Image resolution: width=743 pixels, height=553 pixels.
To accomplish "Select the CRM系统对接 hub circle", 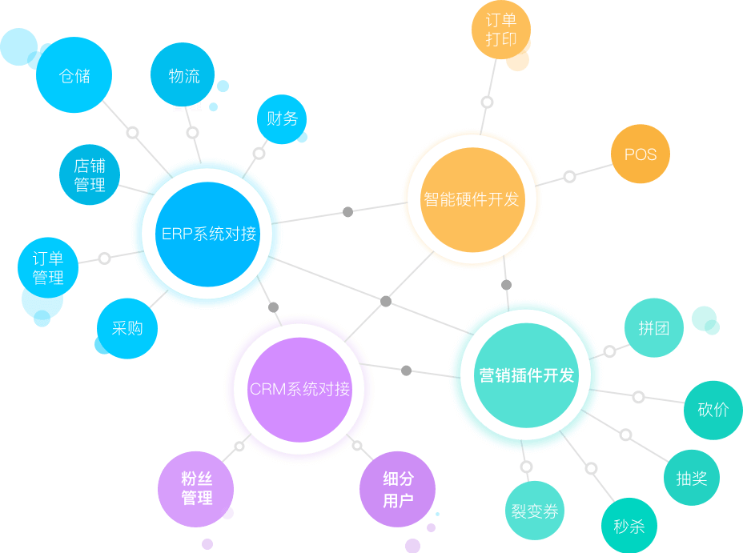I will (299, 389).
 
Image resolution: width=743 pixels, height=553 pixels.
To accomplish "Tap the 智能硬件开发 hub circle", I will (471, 199).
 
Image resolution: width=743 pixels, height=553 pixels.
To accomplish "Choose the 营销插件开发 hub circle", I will (526, 375).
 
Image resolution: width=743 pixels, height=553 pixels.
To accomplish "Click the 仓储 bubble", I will (74, 76).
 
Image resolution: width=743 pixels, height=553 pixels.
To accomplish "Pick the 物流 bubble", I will (183, 76).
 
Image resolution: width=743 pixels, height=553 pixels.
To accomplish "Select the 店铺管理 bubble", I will (90, 175).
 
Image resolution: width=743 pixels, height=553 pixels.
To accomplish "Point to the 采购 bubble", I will (127, 328).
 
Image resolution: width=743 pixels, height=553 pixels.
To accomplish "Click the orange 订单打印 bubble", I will (500, 30).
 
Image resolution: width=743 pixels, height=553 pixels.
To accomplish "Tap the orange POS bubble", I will (640, 154).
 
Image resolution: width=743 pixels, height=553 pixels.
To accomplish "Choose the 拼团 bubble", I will (653, 328).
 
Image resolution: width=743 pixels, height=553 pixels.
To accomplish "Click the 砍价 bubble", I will (713, 410).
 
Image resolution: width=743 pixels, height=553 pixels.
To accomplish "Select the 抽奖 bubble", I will (691, 479).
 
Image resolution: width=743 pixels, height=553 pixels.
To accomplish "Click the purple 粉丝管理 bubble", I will (196, 488).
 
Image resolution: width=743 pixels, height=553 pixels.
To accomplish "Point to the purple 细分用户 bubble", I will (397, 490).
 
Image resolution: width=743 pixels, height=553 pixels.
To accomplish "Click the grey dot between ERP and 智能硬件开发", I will (347, 212).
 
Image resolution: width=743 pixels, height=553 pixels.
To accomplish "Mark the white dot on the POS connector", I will (568, 176).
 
